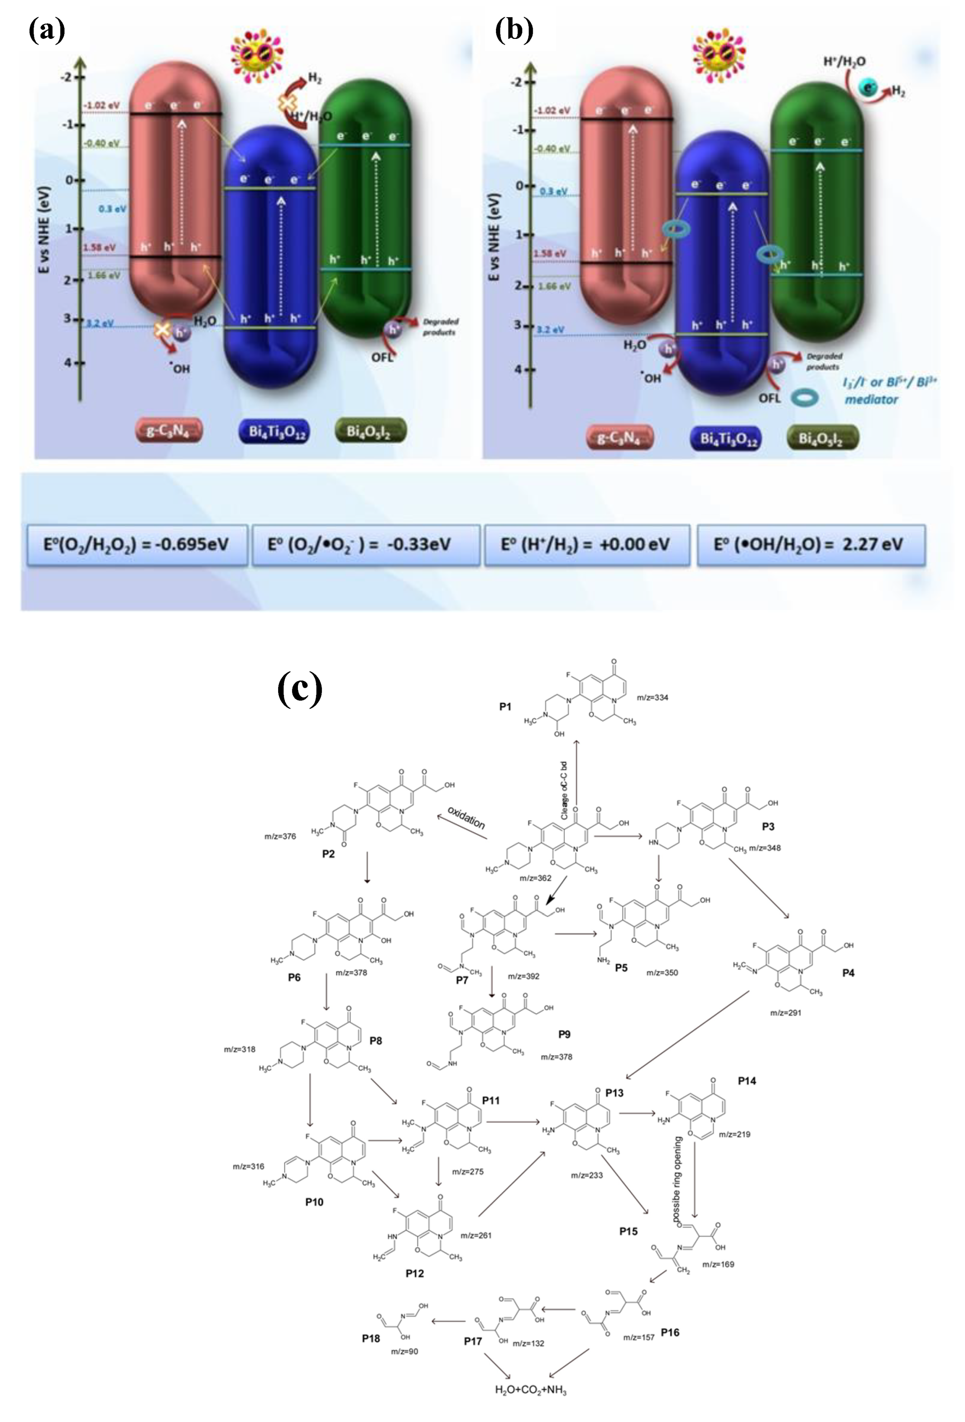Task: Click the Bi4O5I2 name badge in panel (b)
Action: coord(822,438)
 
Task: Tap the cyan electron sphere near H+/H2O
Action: coord(868,88)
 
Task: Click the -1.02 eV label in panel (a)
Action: coord(102,105)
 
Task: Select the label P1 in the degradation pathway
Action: coord(505,707)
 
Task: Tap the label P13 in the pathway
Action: coord(615,1093)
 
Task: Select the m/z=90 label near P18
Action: coord(405,1350)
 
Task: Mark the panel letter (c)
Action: coord(300,688)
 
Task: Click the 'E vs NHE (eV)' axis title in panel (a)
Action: coord(44,229)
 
